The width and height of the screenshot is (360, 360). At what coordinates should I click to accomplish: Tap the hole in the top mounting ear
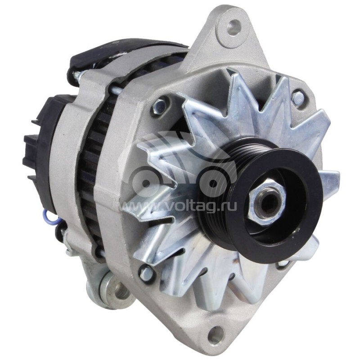click(233, 27)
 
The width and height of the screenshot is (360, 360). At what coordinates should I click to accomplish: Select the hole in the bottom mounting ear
click(216, 335)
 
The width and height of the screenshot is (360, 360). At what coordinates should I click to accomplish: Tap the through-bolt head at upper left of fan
click(160, 106)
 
